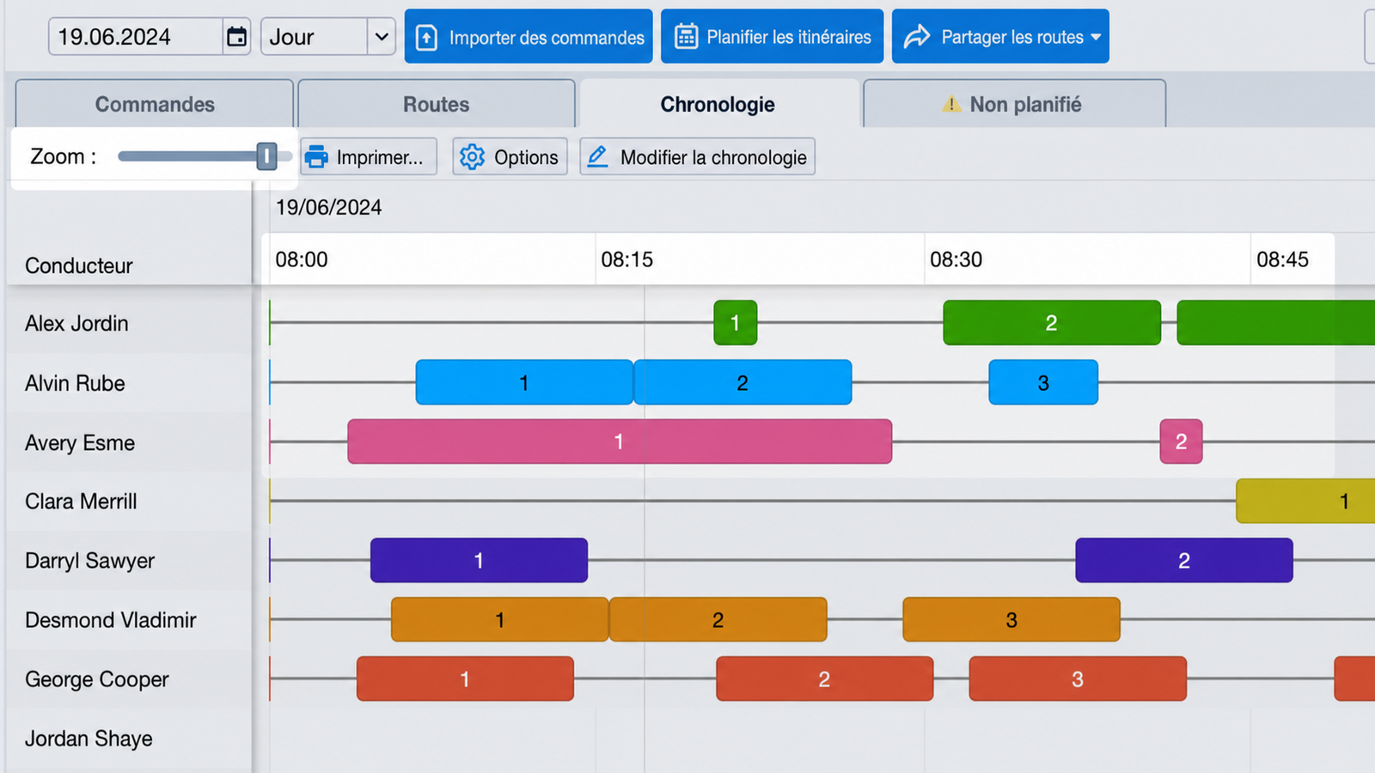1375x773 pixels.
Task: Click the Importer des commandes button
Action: pyautogui.click(x=529, y=36)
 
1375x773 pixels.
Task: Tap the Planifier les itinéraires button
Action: pyautogui.click(x=773, y=36)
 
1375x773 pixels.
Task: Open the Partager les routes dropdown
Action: pyautogui.click(x=1000, y=36)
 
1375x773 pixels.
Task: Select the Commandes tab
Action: pyautogui.click(x=155, y=104)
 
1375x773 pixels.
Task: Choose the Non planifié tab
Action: pyautogui.click(x=1014, y=104)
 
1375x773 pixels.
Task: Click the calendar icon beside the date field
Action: pyautogui.click(x=237, y=37)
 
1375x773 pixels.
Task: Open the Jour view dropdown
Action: pyautogui.click(x=327, y=37)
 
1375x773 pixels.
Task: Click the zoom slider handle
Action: pyautogui.click(x=266, y=156)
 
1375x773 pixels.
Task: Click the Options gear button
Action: pyautogui.click(x=510, y=157)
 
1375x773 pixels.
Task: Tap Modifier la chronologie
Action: pyautogui.click(x=697, y=157)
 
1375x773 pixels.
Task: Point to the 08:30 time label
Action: pyautogui.click(x=956, y=259)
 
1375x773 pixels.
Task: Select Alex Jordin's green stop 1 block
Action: pyautogui.click(x=736, y=323)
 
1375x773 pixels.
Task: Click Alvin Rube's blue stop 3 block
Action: pyautogui.click(x=1043, y=382)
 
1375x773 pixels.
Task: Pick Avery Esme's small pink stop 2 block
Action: pyautogui.click(x=1181, y=441)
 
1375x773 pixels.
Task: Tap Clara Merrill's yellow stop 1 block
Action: pyautogui.click(x=1305, y=502)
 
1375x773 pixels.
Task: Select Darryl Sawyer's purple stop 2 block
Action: pyautogui.click(x=1184, y=560)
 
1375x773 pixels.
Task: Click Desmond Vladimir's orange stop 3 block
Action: pyautogui.click(x=1011, y=619)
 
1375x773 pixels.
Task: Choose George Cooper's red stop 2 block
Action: pyautogui.click(x=825, y=679)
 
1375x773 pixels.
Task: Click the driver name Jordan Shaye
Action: pyautogui.click(x=89, y=739)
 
